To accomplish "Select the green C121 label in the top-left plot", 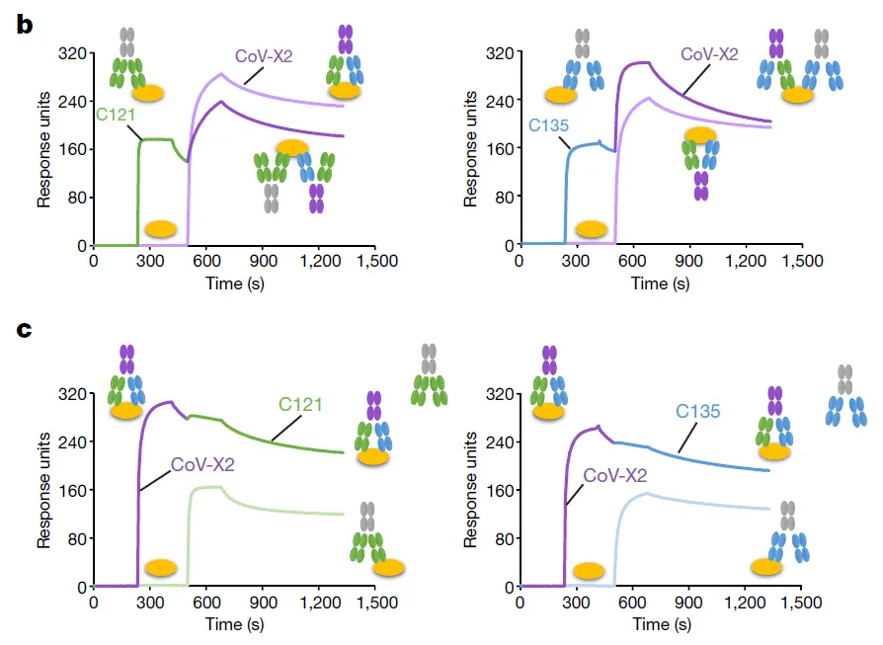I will point(115,115).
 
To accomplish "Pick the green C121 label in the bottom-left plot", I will point(300,404).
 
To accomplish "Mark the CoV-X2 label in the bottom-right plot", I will point(613,476).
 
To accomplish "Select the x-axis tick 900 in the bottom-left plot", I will point(263,605).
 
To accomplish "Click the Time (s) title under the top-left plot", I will point(236,283).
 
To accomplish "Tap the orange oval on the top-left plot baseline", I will point(161,229).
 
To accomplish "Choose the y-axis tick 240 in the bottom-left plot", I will point(74,443).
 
